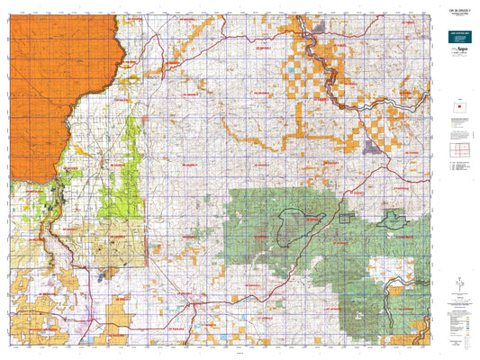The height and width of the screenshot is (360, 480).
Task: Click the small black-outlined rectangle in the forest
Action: (345, 217)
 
